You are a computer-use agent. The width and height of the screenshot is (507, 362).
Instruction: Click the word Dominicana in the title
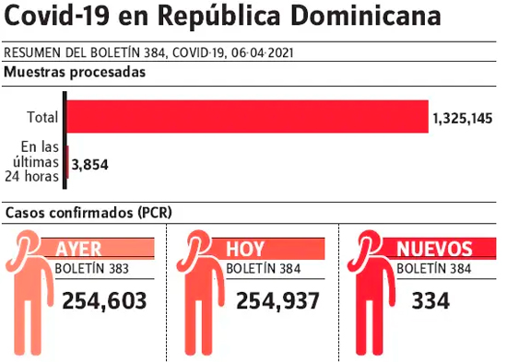click(366, 17)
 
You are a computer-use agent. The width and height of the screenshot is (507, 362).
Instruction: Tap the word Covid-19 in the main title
click(57, 17)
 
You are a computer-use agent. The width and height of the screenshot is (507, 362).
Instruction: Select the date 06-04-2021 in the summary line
click(262, 53)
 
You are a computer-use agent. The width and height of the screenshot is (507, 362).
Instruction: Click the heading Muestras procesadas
click(75, 72)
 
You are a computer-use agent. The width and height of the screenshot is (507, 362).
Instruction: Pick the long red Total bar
click(248, 116)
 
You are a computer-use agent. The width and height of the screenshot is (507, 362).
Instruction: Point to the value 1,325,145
click(463, 119)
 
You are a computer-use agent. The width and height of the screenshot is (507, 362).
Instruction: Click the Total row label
click(42, 117)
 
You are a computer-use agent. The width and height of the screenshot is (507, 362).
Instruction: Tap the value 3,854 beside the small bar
click(90, 165)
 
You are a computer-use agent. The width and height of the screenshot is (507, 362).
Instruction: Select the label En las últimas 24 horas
click(32, 161)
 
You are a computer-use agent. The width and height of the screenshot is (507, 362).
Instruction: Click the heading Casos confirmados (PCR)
click(88, 213)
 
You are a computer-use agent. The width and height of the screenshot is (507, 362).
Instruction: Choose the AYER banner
click(98, 249)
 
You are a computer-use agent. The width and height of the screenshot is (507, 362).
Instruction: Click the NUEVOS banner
click(439, 249)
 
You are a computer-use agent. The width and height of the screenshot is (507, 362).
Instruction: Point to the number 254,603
click(104, 301)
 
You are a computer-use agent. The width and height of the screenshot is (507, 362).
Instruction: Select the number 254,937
click(278, 301)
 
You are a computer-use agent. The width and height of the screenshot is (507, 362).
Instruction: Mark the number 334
click(430, 301)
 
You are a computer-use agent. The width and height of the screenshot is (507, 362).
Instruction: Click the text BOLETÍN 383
click(92, 269)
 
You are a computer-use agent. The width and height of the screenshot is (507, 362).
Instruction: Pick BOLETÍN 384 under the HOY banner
click(264, 269)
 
